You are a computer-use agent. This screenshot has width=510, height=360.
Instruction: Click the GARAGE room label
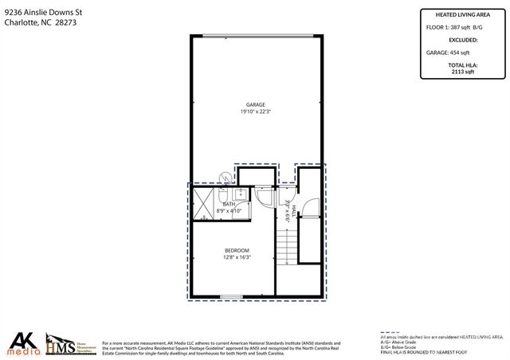pyautogui.click(x=255, y=104)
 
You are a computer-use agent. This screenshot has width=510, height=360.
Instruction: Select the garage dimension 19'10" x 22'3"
pyautogui.click(x=255, y=112)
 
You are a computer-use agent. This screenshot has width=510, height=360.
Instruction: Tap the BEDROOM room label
pyautogui.click(x=237, y=250)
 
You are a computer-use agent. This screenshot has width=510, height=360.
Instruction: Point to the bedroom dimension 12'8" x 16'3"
pyautogui.click(x=237, y=257)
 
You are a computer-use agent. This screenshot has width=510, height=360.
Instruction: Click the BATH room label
pyautogui.click(x=229, y=204)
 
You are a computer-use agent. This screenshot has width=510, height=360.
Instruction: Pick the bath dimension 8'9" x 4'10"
pyautogui.click(x=229, y=210)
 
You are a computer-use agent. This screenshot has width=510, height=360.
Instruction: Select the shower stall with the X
pyautogui.click(x=204, y=202)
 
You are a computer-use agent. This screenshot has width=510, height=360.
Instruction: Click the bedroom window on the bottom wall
pyautogui.click(x=232, y=297)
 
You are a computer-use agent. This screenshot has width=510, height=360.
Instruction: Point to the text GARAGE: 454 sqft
pyautogui.click(x=445, y=52)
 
